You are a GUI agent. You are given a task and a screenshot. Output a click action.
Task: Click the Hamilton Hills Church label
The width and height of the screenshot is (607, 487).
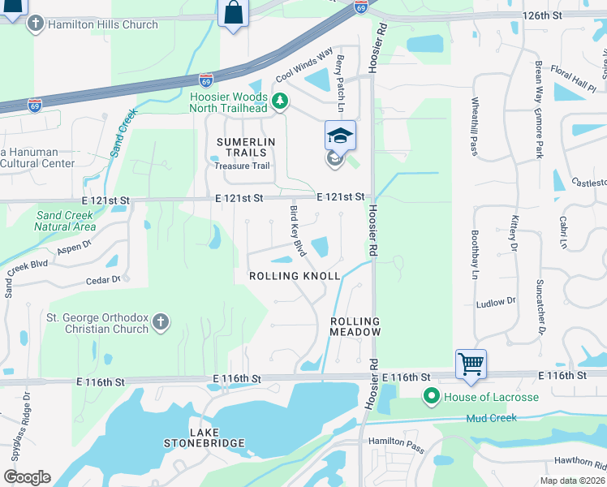(x=103, y=25)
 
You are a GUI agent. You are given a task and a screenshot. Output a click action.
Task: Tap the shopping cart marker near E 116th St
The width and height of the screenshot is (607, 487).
(x=471, y=364)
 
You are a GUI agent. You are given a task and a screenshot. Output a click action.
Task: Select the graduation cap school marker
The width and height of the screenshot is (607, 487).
(x=341, y=136)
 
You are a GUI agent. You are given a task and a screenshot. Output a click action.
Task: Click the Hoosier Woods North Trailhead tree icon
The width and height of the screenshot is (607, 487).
(x=280, y=101)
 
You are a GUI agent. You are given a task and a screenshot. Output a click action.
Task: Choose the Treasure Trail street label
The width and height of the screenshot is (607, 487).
(x=241, y=166)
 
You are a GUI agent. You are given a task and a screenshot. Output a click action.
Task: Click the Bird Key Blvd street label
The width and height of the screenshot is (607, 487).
(x=297, y=231)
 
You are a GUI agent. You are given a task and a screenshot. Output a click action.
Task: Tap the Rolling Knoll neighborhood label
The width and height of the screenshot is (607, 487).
(x=294, y=276)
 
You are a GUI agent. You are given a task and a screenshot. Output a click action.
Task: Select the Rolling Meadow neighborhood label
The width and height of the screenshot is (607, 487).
(x=355, y=326)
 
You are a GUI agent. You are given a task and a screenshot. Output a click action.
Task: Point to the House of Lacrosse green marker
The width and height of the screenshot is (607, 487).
(x=431, y=397)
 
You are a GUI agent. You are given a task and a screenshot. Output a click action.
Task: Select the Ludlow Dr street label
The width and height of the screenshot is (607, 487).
(x=496, y=301)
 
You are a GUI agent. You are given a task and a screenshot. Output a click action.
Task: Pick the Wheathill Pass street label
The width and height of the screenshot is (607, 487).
(x=474, y=126)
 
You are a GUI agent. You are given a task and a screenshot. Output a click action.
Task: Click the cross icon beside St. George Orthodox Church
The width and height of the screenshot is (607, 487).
(x=161, y=322)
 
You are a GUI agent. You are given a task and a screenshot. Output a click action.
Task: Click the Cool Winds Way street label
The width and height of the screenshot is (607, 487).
(x=304, y=67)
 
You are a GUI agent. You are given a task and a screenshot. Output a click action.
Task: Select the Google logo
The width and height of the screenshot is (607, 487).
(x=27, y=477)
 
